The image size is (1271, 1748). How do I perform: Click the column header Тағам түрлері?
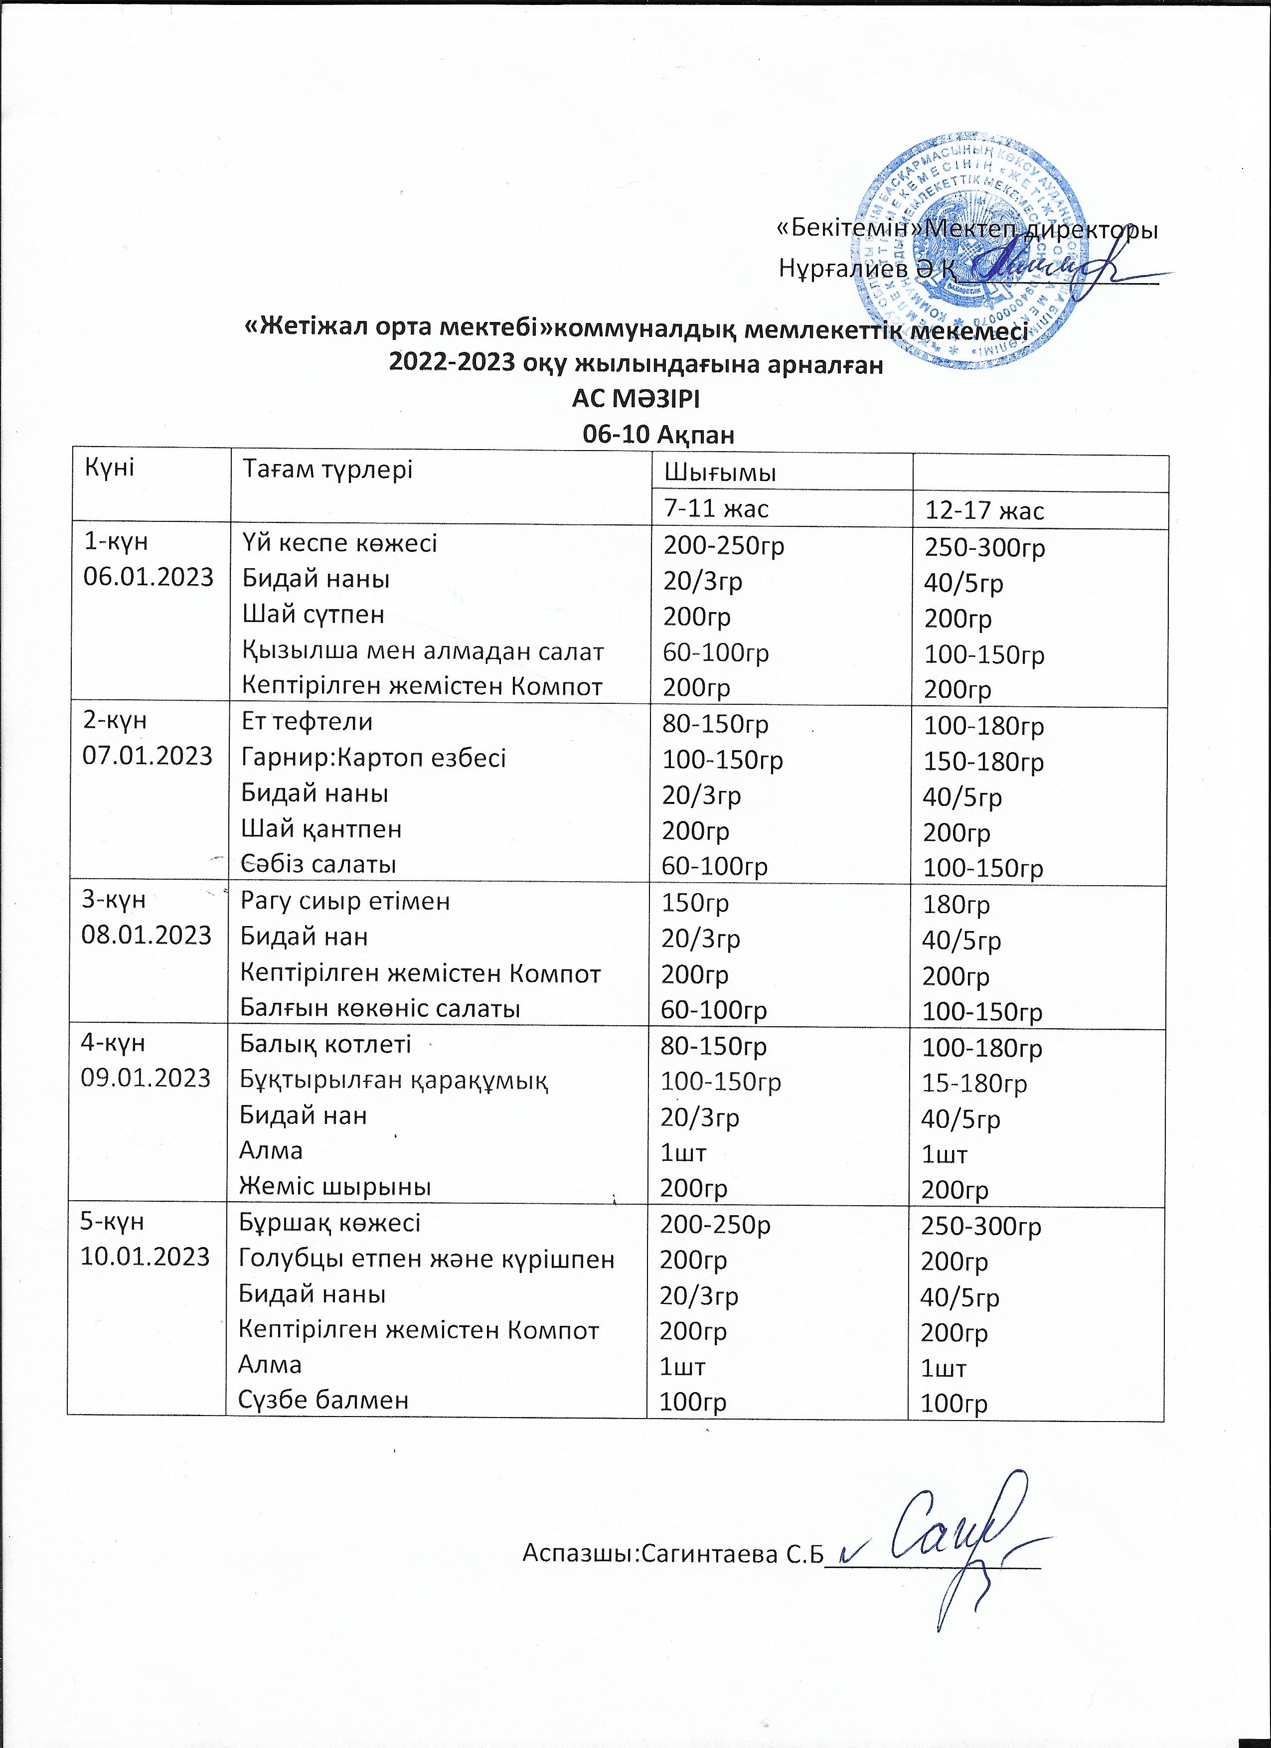tap(327, 470)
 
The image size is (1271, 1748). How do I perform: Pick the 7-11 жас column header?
tap(716, 508)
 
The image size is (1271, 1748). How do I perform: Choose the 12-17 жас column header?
tap(984, 510)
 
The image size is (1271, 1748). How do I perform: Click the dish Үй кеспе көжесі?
tap(340, 543)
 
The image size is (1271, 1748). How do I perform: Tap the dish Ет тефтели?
tap(307, 722)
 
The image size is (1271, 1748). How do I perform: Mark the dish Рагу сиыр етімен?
tap(345, 901)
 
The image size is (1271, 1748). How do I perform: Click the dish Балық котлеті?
tap(325, 1044)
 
